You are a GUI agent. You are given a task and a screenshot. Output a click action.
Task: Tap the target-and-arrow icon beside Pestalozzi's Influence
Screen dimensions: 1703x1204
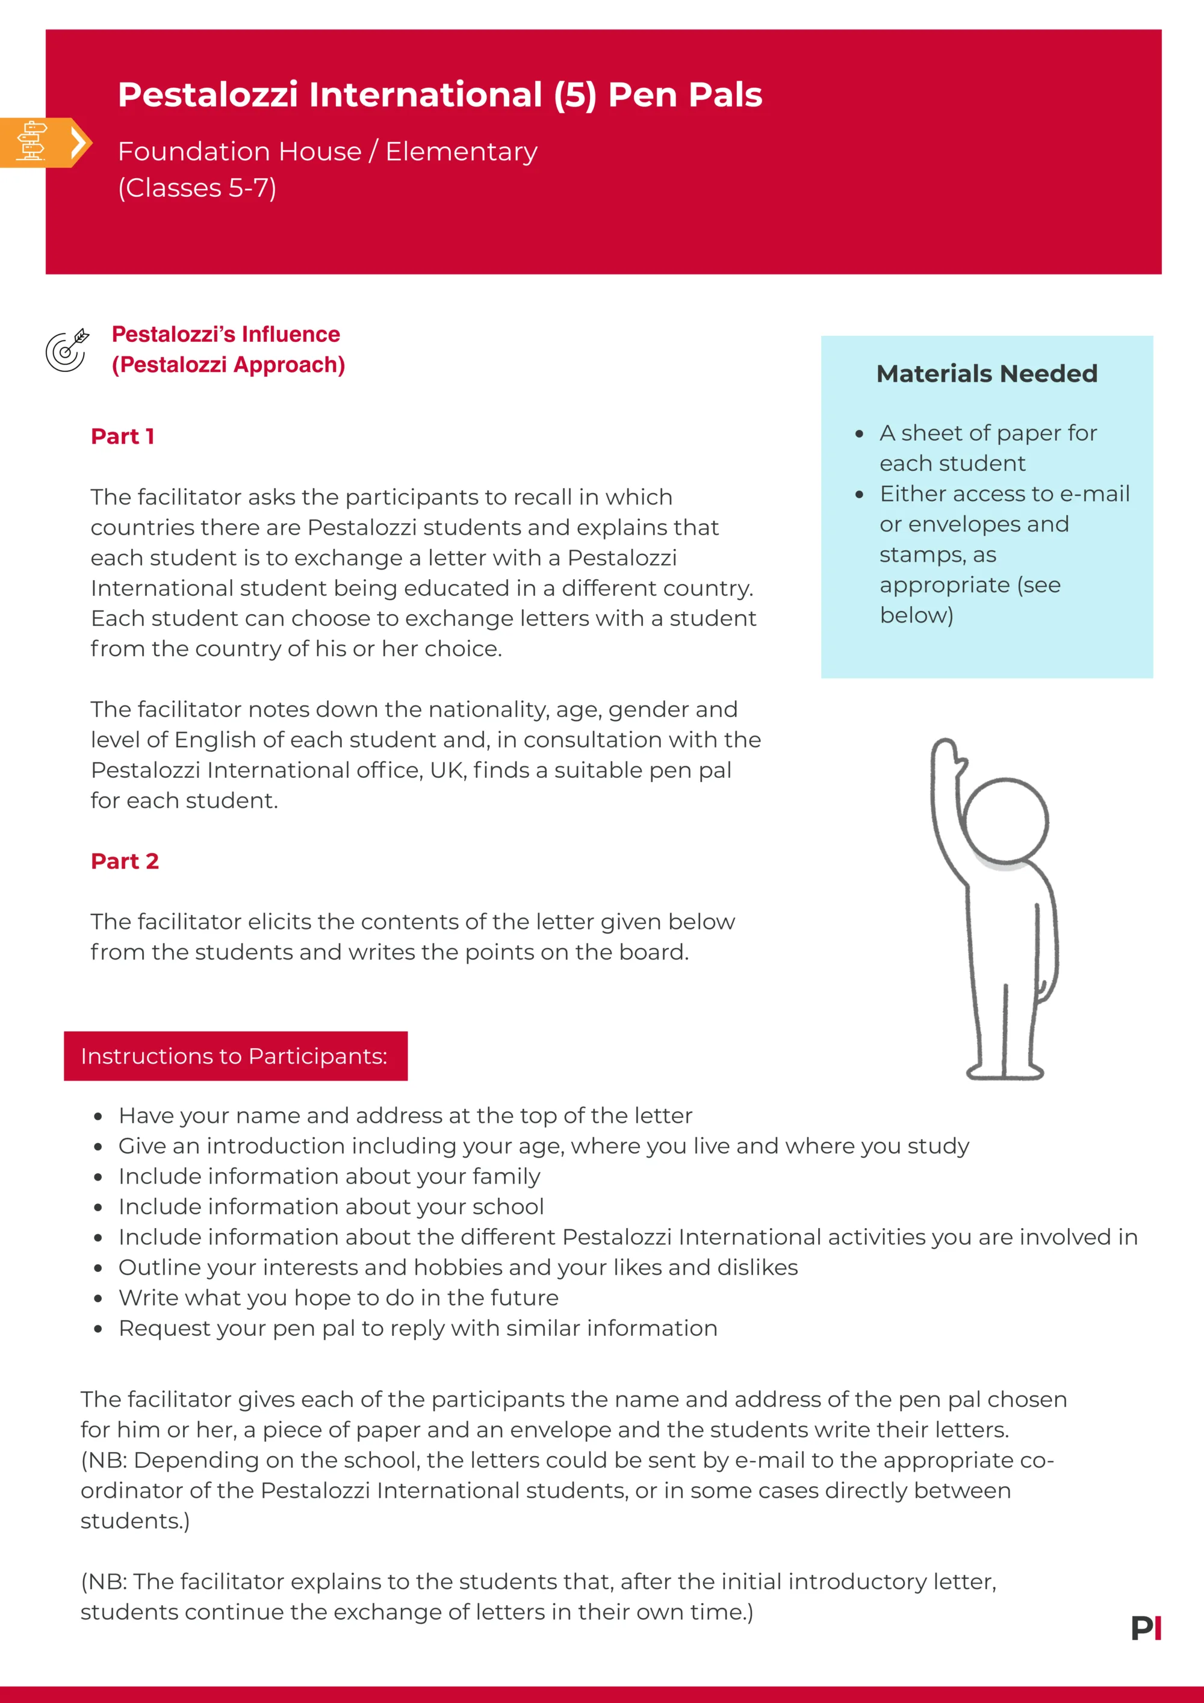point(67,350)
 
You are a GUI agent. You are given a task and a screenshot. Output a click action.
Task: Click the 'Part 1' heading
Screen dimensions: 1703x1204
point(122,436)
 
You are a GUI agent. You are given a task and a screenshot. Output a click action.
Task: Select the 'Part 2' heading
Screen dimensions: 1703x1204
point(125,861)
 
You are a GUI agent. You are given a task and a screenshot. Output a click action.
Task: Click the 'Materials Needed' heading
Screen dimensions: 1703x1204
point(987,373)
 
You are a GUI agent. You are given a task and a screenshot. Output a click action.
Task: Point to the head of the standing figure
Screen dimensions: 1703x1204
point(1007,821)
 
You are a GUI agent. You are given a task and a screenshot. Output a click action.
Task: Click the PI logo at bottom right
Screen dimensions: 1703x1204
point(1146,1628)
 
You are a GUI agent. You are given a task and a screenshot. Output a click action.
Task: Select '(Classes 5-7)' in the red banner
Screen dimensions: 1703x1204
point(197,188)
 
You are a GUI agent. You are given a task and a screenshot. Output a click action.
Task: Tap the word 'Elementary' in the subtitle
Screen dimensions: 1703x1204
point(461,151)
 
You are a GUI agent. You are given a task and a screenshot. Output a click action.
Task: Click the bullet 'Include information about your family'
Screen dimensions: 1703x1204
point(329,1176)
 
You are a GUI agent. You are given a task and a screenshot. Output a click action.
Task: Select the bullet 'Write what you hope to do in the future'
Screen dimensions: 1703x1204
point(338,1297)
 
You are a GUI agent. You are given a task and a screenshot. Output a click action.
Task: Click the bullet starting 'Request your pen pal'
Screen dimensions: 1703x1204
point(418,1328)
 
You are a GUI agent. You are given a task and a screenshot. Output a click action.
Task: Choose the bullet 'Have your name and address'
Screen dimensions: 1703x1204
point(405,1115)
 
